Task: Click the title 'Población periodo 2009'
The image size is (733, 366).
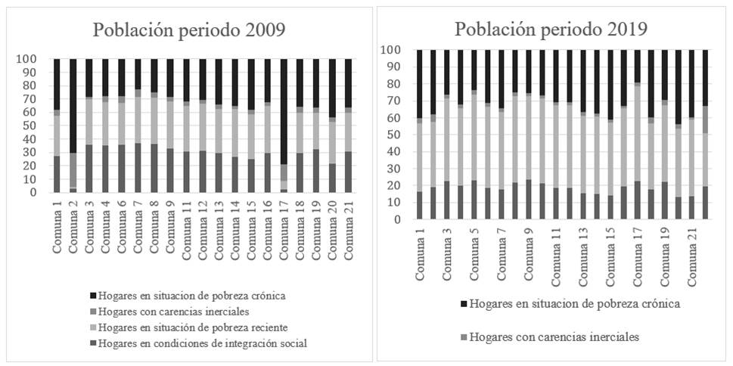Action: [189, 30]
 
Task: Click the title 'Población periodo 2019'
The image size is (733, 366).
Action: [551, 29]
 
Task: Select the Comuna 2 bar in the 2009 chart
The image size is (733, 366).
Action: [73, 126]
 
